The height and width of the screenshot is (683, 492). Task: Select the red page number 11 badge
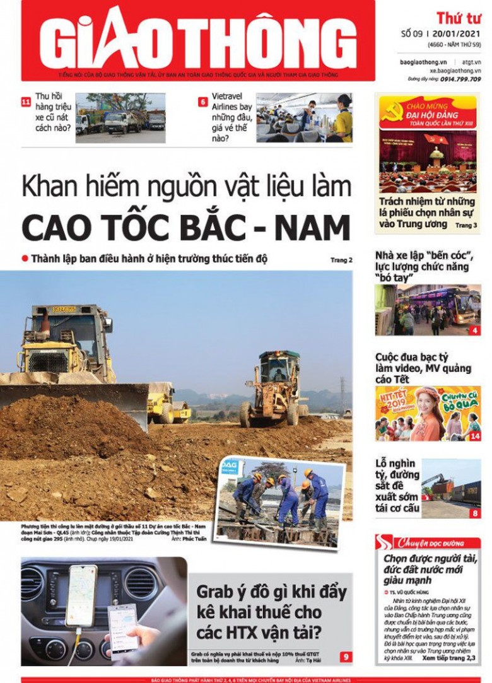(26, 101)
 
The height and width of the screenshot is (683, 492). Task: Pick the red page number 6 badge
(202, 101)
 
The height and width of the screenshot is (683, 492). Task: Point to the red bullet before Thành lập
(25, 259)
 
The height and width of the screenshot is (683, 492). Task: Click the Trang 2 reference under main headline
(341, 260)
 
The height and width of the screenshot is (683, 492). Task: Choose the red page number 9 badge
(346, 657)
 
